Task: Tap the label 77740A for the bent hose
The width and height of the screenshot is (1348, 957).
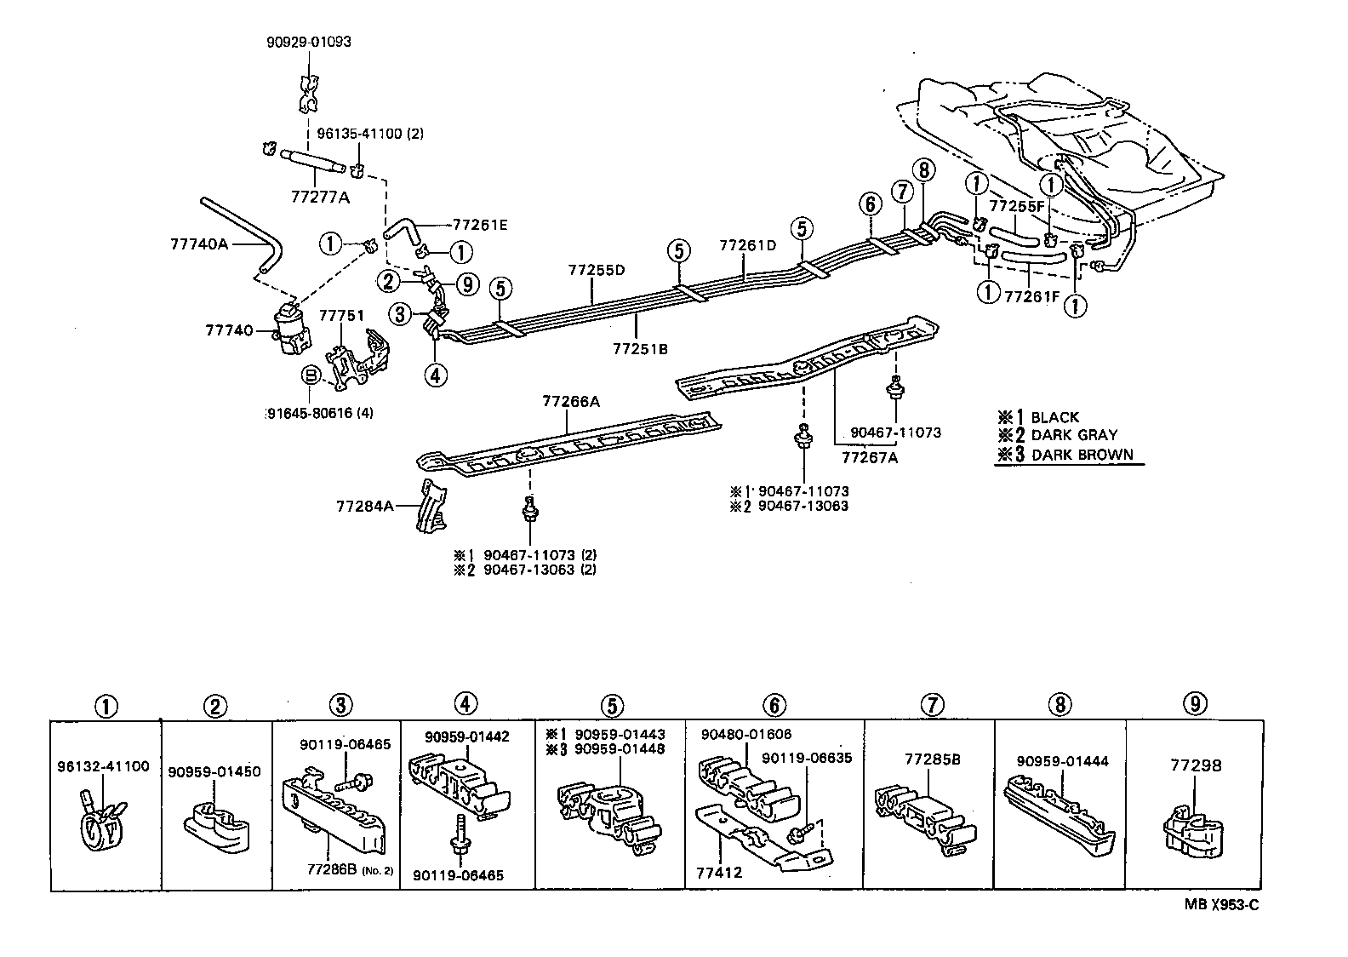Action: coord(199,244)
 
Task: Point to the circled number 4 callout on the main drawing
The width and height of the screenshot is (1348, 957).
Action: coord(436,375)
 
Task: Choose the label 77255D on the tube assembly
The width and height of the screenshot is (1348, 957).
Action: coord(597,270)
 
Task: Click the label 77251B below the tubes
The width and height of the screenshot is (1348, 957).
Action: coord(639,348)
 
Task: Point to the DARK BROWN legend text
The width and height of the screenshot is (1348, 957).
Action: coord(1082,455)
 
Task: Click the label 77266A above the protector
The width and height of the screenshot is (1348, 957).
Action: coord(571,402)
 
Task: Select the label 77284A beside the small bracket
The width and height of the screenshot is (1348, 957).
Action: coord(365,506)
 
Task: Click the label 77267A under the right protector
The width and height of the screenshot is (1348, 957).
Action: coord(870,457)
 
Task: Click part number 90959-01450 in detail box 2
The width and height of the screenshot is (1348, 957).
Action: coord(214,771)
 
